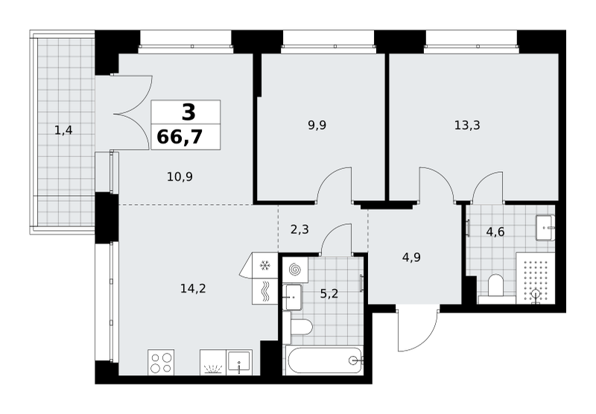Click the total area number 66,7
[x=180, y=137]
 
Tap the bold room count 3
[x=188, y=112]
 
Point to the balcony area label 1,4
[x=63, y=131]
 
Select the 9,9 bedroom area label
[x=317, y=125]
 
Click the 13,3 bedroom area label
[x=467, y=125]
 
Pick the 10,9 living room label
[x=180, y=176]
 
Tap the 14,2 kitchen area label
[x=193, y=289]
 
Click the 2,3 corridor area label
[x=299, y=230]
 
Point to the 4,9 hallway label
[x=411, y=258]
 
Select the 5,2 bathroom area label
[x=329, y=293]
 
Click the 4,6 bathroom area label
[x=495, y=232]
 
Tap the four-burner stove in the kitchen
[x=161, y=363]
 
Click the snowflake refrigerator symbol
[x=264, y=266]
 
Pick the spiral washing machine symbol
[x=295, y=270]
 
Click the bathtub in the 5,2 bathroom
[x=324, y=360]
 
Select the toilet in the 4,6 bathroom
[x=495, y=286]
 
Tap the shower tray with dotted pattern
[x=535, y=278]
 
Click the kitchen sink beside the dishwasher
[x=239, y=363]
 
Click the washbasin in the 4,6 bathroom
[x=545, y=228]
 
